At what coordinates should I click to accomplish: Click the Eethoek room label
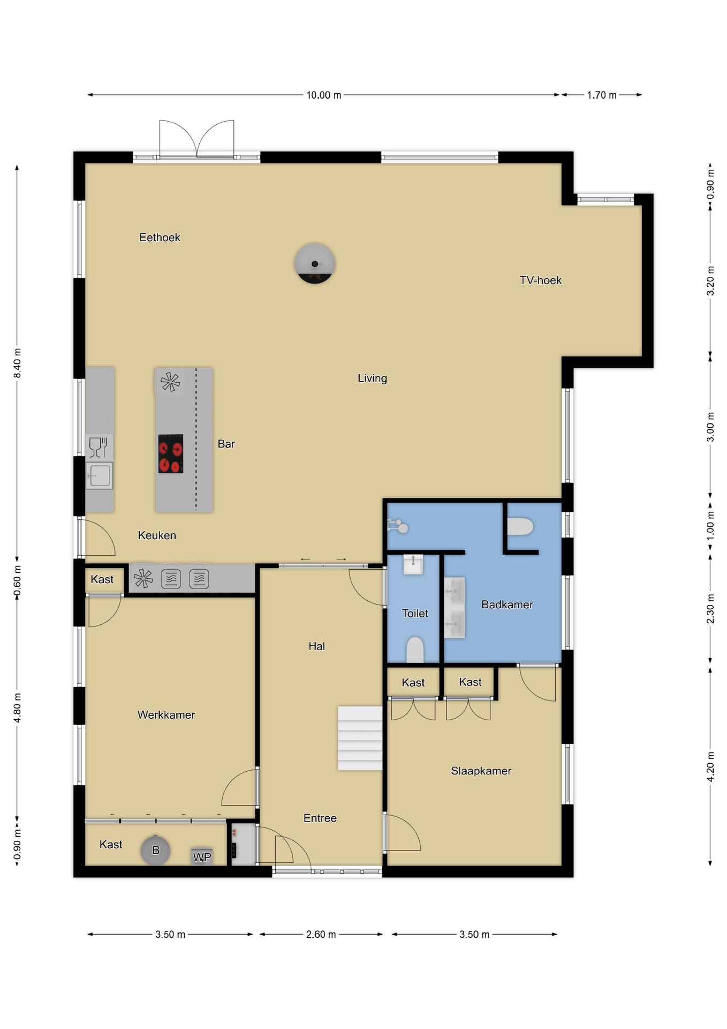[160, 237]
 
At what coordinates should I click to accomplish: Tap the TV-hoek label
[540, 280]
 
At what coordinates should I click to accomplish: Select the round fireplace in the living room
[315, 263]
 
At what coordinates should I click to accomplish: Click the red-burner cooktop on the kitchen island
[171, 453]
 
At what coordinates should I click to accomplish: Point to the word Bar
[226, 444]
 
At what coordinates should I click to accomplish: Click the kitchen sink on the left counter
[100, 475]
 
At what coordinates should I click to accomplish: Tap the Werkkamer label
[166, 715]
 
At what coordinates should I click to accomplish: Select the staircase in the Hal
[360, 738]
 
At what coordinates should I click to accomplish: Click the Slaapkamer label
[481, 771]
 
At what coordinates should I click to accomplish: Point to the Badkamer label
[507, 605]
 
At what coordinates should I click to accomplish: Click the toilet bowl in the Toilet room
[415, 650]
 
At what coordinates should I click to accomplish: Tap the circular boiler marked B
[155, 850]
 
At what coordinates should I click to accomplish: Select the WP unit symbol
[202, 856]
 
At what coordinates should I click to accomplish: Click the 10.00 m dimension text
[323, 95]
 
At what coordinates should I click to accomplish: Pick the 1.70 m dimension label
[602, 95]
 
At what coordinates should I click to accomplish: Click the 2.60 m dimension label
[321, 934]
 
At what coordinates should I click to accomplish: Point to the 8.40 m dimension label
[17, 363]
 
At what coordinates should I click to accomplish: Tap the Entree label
[320, 818]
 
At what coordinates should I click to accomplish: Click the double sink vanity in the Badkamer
[455, 608]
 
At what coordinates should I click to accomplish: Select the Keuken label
[157, 535]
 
